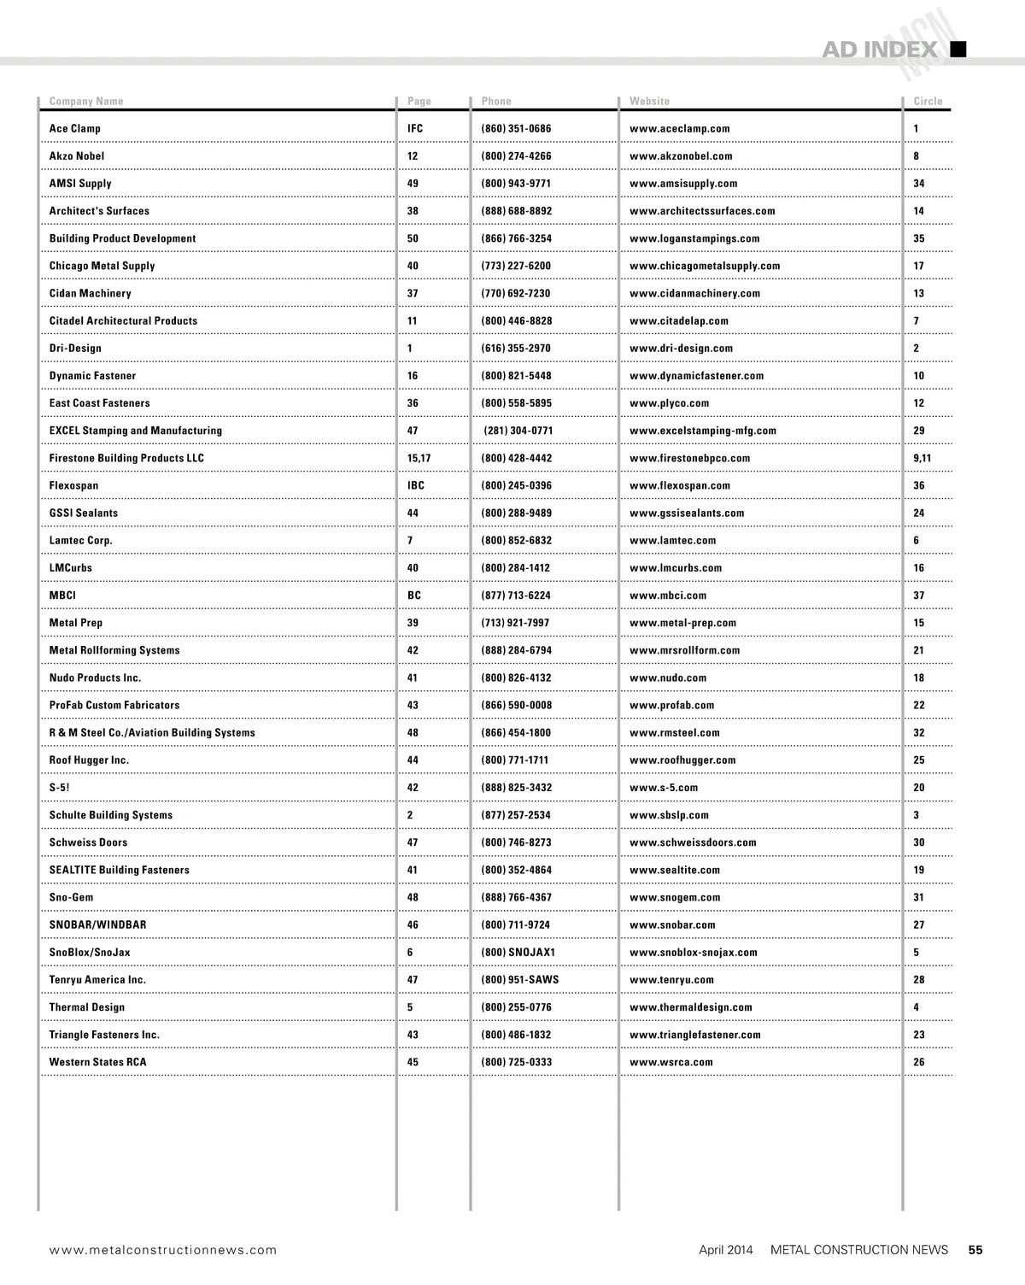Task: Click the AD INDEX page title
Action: click(x=879, y=50)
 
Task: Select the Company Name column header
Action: click(x=86, y=101)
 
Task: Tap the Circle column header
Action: click(x=928, y=101)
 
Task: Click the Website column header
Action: click(x=649, y=101)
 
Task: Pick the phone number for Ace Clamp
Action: click(x=516, y=129)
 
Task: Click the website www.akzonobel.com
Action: click(x=681, y=156)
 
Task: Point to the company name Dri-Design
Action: click(x=75, y=349)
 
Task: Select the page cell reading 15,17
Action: click(x=419, y=458)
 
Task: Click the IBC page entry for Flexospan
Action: click(x=415, y=485)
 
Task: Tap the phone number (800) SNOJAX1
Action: click(x=518, y=952)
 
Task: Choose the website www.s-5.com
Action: click(x=664, y=788)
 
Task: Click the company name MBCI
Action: click(x=62, y=596)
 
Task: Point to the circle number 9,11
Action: click(x=922, y=458)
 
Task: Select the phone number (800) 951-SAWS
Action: click(x=519, y=980)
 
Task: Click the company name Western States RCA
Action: click(x=97, y=1062)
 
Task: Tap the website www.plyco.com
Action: click(x=669, y=403)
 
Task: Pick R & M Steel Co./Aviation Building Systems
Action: click(x=152, y=732)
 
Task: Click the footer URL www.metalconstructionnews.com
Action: click(x=163, y=1250)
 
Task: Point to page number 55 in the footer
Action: click(x=975, y=1250)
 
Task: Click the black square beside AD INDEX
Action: click(x=958, y=49)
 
